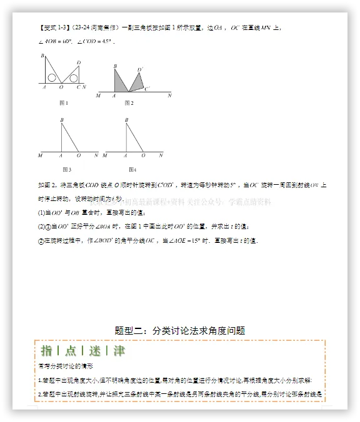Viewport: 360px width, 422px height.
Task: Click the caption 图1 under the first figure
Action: coord(62,102)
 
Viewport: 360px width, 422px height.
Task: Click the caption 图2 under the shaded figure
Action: coord(129,102)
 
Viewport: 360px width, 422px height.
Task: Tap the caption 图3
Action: coord(67,169)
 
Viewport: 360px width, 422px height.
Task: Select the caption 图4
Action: coord(132,169)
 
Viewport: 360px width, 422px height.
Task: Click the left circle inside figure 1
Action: coord(52,79)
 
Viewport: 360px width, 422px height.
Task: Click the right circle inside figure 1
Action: coord(74,79)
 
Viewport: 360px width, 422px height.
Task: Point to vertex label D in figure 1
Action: coord(78,62)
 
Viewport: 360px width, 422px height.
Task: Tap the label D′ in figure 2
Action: coord(140,69)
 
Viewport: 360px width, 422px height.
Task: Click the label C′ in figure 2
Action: coord(147,89)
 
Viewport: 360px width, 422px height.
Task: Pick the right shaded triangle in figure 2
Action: coord(137,82)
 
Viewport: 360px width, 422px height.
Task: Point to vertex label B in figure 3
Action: coord(61,120)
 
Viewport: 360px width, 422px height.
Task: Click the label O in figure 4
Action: coord(143,156)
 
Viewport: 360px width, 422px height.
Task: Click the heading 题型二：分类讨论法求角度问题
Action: coord(180,330)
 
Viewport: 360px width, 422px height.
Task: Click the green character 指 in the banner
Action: coord(47,351)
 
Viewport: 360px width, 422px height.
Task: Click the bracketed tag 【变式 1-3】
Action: coord(57,27)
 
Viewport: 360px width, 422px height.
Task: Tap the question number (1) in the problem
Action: coord(42,213)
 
